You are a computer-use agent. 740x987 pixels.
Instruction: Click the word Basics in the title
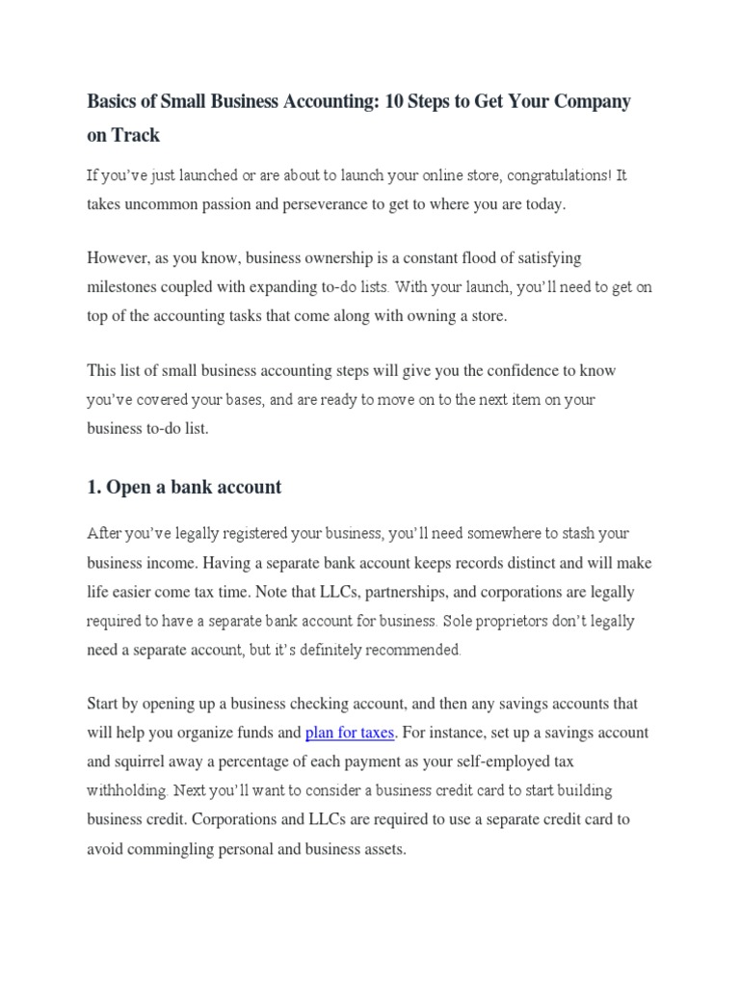[x=112, y=101]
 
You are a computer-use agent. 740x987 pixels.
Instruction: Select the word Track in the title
[x=136, y=135]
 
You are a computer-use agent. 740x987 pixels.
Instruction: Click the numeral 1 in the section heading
[x=93, y=487]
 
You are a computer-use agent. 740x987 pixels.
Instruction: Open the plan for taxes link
[x=350, y=733]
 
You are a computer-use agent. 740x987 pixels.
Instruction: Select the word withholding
[x=127, y=790]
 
